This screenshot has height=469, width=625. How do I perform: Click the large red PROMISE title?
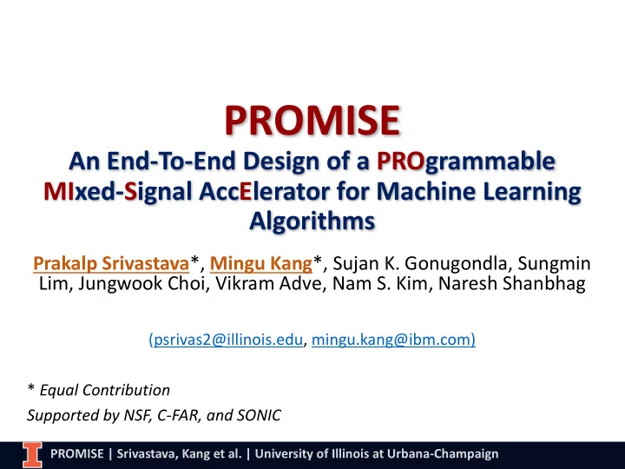[312, 120]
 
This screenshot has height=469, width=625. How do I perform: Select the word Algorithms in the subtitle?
[312, 221]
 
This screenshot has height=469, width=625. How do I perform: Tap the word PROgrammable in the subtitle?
[466, 162]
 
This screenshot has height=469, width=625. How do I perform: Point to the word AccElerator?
[264, 190]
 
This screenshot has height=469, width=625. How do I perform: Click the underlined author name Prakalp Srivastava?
[111, 263]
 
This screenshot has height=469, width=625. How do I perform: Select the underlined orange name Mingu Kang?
[261, 264]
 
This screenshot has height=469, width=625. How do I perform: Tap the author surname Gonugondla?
[456, 264]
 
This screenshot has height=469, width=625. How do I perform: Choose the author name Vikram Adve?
[269, 283]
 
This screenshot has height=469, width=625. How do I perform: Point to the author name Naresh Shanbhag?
[512, 283]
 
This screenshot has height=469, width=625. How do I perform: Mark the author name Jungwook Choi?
[141, 283]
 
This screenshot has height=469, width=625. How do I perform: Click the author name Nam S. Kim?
[380, 283]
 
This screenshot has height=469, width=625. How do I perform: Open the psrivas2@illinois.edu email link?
[228, 340]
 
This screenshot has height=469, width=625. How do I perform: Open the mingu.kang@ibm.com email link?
[391, 340]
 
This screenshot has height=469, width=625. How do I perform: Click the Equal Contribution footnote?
[105, 390]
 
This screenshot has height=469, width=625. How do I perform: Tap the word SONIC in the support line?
[259, 415]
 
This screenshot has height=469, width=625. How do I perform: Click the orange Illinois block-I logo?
[32, 454]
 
